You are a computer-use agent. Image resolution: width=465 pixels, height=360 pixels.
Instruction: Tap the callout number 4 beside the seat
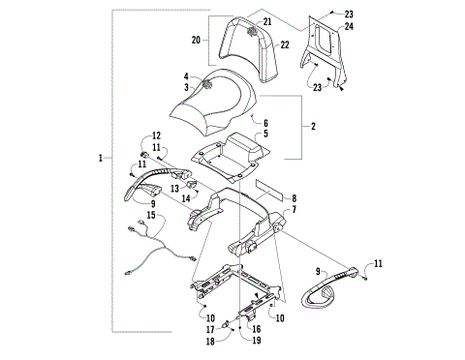point(185,75)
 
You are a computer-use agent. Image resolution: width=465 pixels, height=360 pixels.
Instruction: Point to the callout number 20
point(197,42)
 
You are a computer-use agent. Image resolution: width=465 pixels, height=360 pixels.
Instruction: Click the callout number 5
point(264,134)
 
